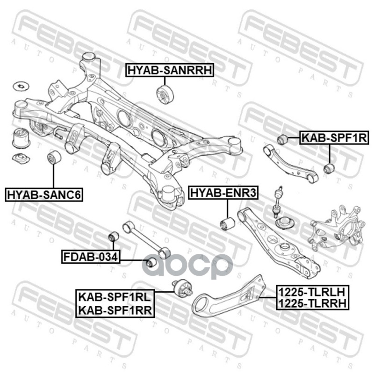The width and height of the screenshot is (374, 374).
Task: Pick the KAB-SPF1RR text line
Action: (115, 309)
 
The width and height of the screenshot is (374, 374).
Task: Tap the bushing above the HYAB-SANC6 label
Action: (54, 158)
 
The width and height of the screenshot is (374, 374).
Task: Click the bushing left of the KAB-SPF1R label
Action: (282, 139)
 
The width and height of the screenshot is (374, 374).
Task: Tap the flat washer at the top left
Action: (20, 86)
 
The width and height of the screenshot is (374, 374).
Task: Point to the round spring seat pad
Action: (283, 223)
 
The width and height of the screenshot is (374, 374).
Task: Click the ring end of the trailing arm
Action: (202, 306)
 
